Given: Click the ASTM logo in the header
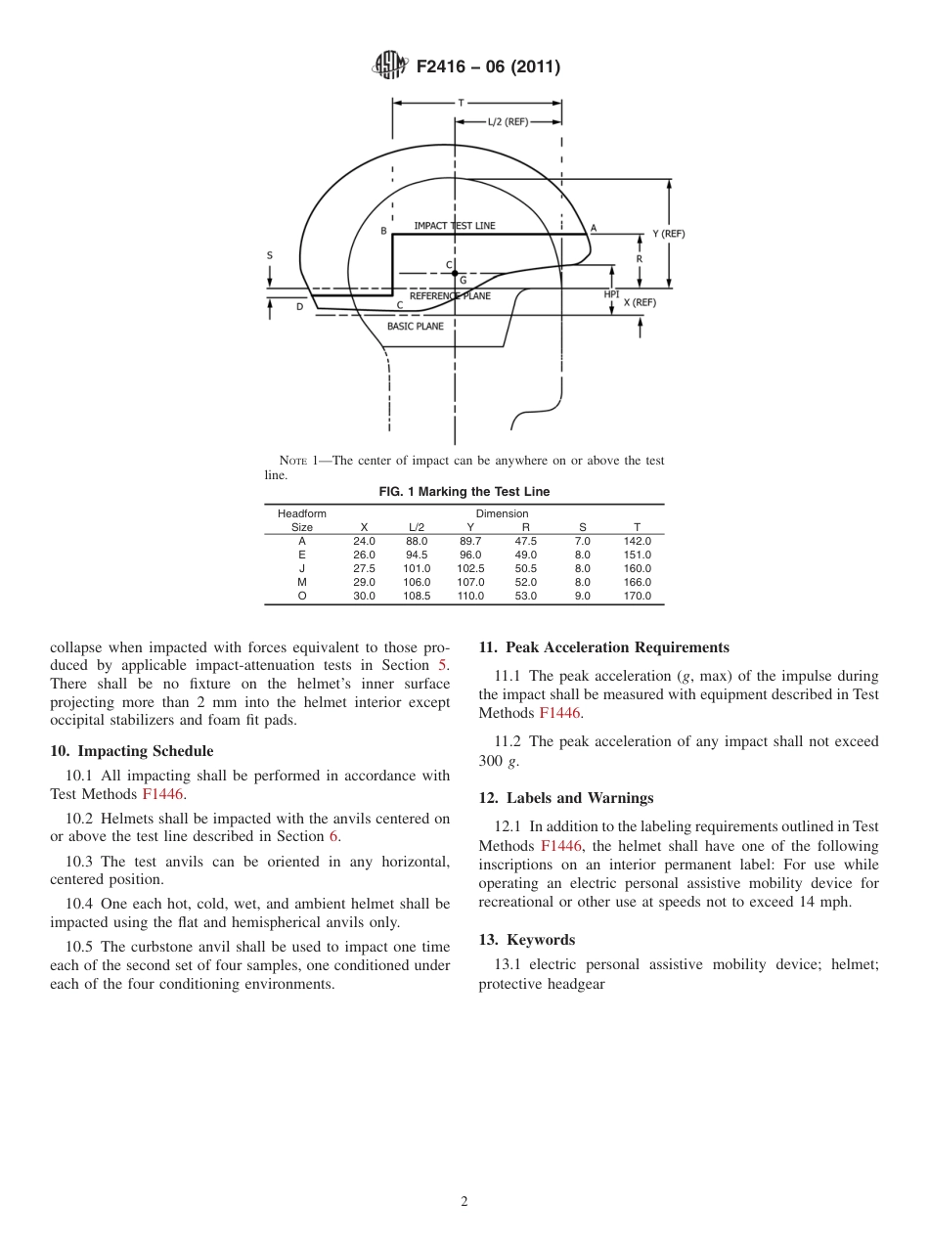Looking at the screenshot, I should (x=390, y=67).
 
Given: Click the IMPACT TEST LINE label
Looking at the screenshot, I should (x=454, y=226).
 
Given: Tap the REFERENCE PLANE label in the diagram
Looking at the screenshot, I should (x=450, y=295).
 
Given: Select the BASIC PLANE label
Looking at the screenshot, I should (x=415, y=326).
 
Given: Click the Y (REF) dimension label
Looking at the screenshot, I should (x=668, y=234).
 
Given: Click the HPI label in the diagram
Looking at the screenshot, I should (x=611, y=293).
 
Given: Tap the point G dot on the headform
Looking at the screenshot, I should (x=455, y=274).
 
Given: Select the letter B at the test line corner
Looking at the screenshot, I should (x=384, y=231).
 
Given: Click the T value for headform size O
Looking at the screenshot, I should (x=637, y=596).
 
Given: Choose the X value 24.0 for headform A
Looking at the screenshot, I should (x=364, y=541).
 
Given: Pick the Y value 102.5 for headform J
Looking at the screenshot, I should (x=470, y=568).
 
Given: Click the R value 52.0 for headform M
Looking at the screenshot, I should (x=525, y=582).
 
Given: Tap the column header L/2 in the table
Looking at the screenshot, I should (x=417, y=527).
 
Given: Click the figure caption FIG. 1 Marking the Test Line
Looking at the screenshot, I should (x=464, y=492).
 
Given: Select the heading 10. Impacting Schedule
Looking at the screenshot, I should (x=131, y=751).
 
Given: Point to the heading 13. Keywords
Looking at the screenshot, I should (x=526, y=940).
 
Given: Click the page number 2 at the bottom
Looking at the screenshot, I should (x=464, y=1202).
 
